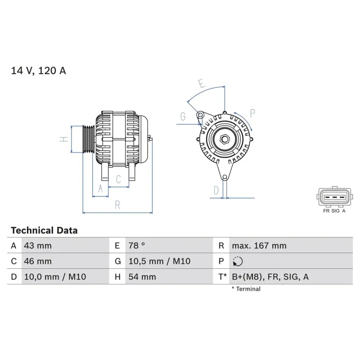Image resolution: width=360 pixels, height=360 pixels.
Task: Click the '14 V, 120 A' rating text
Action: pyautogui.click(x=38, y=71)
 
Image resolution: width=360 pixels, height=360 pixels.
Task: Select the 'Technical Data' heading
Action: pyautogui.click(x=44, y=230)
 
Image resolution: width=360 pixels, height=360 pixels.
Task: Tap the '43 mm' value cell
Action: pyautogui.click(x=38, y=246)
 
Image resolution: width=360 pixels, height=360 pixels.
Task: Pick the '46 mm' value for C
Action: pyautogui.click(x=38, y=261)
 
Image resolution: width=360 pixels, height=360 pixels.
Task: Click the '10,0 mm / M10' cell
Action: pyautogui.click(x=48, y=277)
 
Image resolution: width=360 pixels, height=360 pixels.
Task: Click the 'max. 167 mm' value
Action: pyautogui.click(x=259, y=246)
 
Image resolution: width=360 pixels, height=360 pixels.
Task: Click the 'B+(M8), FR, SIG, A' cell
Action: pyautogui.click(x=270, y=277)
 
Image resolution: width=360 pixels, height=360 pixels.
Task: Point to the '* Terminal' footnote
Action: pyautogui.click(x=246, y=289)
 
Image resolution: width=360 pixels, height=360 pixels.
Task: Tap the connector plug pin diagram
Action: pyautogui.click(x=334, y=197)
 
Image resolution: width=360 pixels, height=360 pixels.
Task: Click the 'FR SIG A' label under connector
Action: pyautogui.click(x=334, y=210)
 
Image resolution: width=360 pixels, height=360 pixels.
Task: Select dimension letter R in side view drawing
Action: pyautogui.click(x=117, y=205)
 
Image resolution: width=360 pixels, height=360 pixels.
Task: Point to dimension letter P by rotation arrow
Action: pyautogui.click(x=252, y=113)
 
